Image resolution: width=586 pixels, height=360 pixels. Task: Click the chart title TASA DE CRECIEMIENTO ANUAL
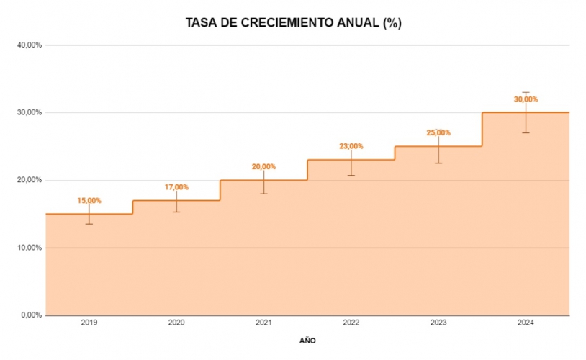pos(293,23)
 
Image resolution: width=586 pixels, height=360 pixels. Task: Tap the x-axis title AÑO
pos(307,341)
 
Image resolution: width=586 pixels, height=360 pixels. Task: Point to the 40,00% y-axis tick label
pos(30,45)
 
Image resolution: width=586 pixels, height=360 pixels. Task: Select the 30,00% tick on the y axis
pos(30,113)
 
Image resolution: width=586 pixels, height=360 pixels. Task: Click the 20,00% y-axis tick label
pos(30,180)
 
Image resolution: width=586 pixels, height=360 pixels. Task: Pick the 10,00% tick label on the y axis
pos(30,248)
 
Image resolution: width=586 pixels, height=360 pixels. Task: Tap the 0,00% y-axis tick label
pos(32,315)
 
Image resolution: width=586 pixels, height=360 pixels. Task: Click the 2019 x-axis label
pos(89,323)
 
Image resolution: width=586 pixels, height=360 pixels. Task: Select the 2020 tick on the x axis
pos(176,323)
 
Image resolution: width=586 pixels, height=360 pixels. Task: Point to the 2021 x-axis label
pos(263,323)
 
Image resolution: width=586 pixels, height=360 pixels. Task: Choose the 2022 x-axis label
pos(351,323)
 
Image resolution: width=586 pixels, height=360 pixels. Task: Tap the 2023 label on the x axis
pos(438,323)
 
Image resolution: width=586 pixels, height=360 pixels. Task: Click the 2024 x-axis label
pos(526,323)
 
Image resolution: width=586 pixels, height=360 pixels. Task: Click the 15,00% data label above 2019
pos(89,201)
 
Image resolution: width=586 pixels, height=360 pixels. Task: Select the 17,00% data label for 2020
pos(176,187)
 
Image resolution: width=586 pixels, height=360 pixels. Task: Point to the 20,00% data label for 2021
pos(263,167)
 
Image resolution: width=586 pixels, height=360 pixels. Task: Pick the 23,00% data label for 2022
pos(351,147)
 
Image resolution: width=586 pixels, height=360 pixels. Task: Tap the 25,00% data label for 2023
pos(438,133)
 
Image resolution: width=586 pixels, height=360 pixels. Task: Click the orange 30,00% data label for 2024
pos(526,100)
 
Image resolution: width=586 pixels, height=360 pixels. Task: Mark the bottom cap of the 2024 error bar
pos(526,132)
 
